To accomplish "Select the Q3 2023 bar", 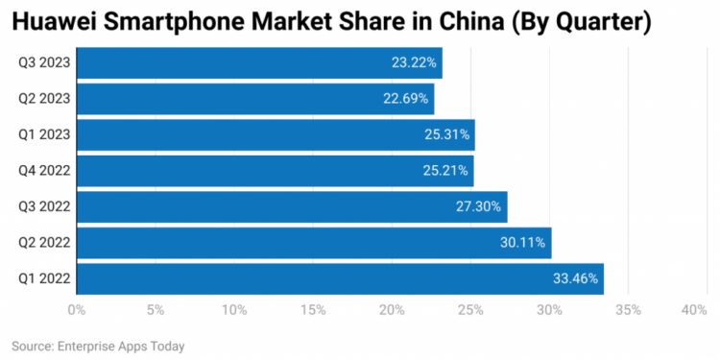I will pos(259,63).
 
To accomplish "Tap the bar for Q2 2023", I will pos(255,99).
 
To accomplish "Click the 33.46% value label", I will pos(576,278).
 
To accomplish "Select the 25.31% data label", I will pos(447,134).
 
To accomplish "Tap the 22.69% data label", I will pos(407,99).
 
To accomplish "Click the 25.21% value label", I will pos(446,171).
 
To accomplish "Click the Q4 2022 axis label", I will pos(43,171).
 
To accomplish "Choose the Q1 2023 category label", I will pos(43,134).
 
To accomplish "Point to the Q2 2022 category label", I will pos(43,243).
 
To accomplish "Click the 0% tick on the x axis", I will pos(77,310).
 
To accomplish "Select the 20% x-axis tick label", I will pos(392,310).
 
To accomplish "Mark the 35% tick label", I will pos(628,310).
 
